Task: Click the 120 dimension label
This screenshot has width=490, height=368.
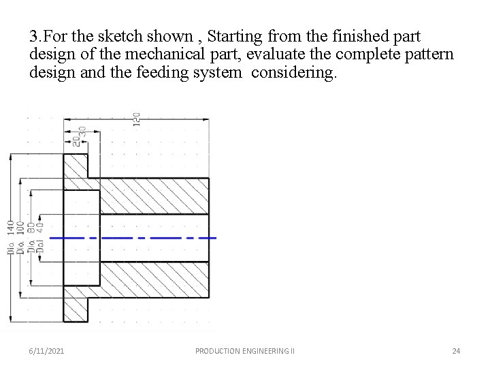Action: (136, 119)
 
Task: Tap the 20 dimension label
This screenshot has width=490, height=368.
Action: (76, 139)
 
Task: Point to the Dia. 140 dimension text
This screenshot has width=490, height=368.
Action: (10, 237)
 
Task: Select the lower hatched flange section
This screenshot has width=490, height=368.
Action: (76, 303)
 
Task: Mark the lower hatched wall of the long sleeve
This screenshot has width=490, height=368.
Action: (154, 280)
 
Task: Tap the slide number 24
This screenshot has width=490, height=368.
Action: (456, 351)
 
